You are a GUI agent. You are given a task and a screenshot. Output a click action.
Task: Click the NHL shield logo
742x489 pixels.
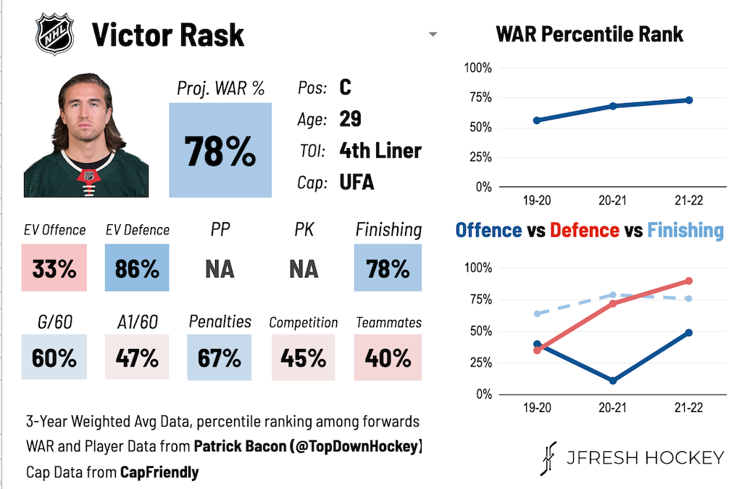(54, 34)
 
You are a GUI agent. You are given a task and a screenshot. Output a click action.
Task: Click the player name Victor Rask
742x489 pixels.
(168, 35)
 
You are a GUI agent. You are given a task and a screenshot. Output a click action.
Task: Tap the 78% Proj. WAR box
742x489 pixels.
(220, 150)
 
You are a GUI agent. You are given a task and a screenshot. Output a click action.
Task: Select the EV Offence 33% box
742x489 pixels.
(54, 268)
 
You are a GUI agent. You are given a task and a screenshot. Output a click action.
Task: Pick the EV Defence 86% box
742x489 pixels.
(137, 268)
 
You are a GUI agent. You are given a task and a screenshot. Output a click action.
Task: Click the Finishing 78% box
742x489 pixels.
(388, 268)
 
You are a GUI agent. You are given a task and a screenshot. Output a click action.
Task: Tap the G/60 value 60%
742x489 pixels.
(54, 358)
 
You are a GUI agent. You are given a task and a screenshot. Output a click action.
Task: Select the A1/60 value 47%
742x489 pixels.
(137, 358)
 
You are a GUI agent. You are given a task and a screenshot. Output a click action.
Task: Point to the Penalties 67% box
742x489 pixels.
(220, 358)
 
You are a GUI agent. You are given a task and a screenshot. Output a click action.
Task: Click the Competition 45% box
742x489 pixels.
(304, 358)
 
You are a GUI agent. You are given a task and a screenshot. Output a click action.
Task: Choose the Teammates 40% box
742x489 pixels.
(388, 358)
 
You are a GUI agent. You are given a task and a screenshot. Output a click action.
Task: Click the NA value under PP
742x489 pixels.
(220, 269)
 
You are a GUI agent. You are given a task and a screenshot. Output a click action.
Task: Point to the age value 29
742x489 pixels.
(350, 119)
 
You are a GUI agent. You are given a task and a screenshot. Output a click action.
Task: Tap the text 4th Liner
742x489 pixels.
(380, 151)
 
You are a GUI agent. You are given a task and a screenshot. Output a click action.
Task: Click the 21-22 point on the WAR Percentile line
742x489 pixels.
(688, 100)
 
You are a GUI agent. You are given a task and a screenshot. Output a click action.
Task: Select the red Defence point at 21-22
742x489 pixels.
(688, 281)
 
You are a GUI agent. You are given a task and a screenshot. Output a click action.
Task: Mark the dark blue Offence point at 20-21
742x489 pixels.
(613, 381)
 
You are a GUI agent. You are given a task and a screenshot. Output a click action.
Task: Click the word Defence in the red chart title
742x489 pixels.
(584, 231)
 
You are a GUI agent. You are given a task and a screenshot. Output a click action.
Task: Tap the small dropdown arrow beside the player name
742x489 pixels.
(433, 35)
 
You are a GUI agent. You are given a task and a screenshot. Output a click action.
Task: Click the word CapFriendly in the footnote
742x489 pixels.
(159, 472)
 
